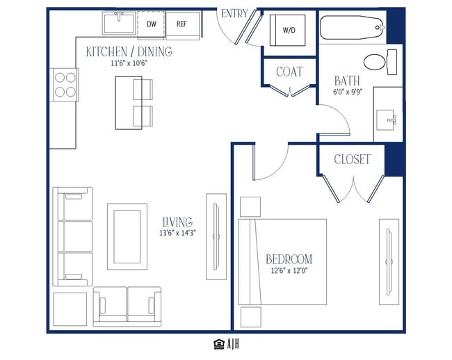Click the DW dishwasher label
(x=152, y=24)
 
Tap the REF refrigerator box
(x=183, y=25)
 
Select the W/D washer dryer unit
(x=287, y=31)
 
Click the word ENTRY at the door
(x=234, y=13)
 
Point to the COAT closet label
(x=289, y=72)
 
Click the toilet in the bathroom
(x=380, y=62)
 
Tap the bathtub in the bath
(x=353, y=28)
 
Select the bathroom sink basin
(x=387, y=120)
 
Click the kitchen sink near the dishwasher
(x=119, y=23)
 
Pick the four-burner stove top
(x=65, y=85)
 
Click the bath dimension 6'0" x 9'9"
(x=348, y=92)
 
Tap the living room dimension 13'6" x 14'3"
(x=177, y=233)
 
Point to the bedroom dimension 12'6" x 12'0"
(x=289, y=271)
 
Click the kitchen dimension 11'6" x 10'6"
(x=129, y=63)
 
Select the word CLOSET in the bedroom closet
(x=352, y=159)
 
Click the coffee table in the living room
(x=127, y=237)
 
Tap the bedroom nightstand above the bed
(x=250, y=207)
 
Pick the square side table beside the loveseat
(x=70, y=309)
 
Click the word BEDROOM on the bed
(x=289, y=259)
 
